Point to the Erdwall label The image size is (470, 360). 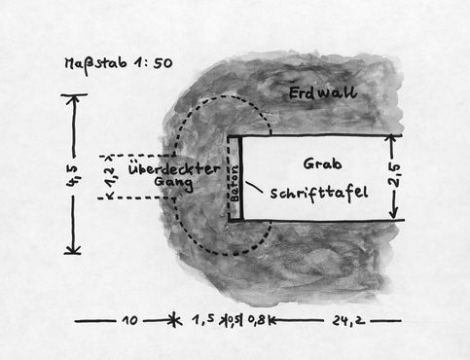323,93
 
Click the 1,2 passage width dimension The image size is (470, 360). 109,175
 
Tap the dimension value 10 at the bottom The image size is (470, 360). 130,319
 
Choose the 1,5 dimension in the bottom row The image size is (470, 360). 200,319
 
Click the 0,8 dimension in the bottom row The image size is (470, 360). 256,319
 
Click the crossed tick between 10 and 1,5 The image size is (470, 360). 173,319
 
